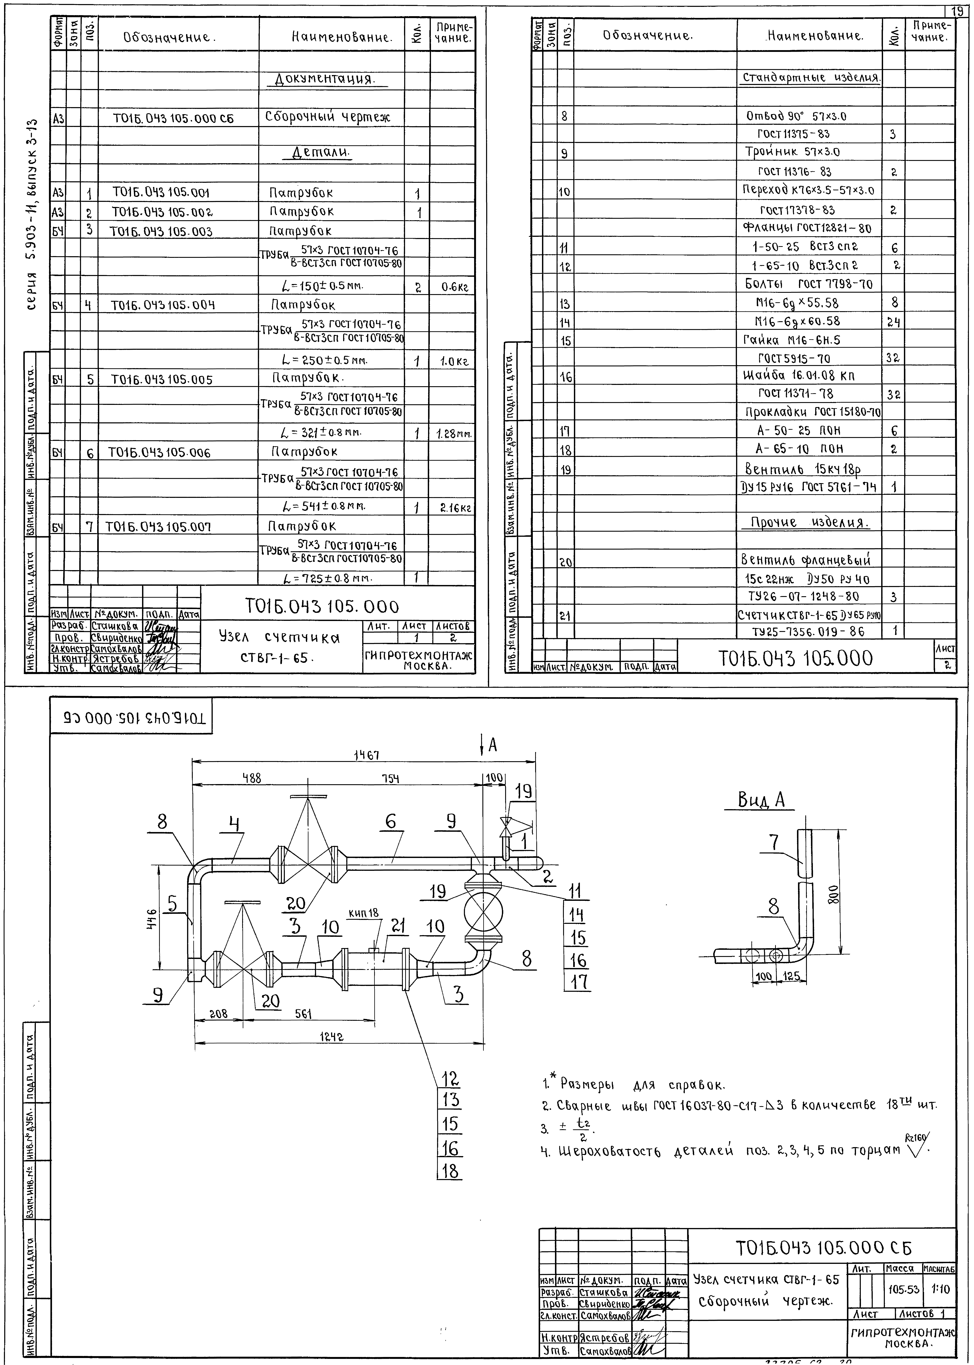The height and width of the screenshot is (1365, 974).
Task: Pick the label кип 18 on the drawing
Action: [x=364, y=913]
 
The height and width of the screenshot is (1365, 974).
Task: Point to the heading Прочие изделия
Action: [x=805, y=522]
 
